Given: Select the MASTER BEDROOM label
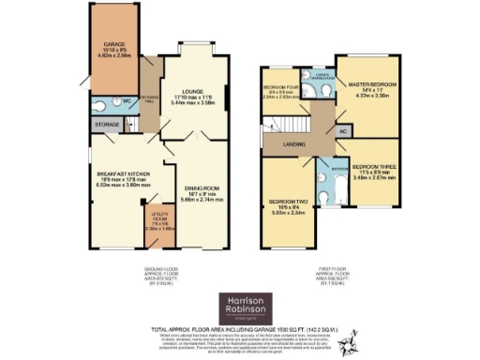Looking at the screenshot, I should pos(373,84).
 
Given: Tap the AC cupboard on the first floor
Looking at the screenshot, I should pos(343,132).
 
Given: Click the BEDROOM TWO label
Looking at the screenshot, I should pos(285,205).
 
